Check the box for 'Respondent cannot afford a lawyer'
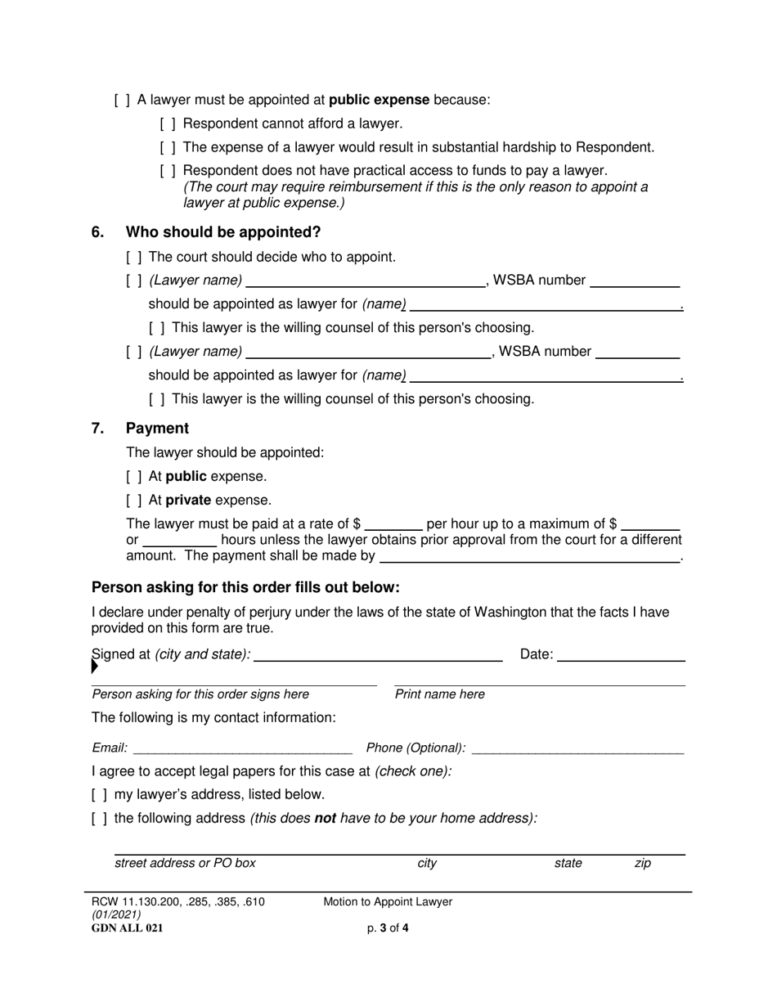click(167, 124)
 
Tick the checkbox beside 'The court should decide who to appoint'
click(133, 257)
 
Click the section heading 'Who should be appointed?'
click(222, 231)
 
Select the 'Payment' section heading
click(157, 429)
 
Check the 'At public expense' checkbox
click(133, 477)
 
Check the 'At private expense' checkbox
click(133, 501)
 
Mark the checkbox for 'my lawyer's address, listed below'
click(99, 794)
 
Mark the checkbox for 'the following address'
click(99, 818)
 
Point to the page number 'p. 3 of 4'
click(388, 928)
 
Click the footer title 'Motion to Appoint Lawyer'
click(388, 902)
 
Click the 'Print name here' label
click(439, 694)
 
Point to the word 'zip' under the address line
click(643, 863)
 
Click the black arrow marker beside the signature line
click(94, 667)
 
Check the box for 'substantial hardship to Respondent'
click(167, 148)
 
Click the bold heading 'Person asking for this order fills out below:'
click(245, 587)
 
